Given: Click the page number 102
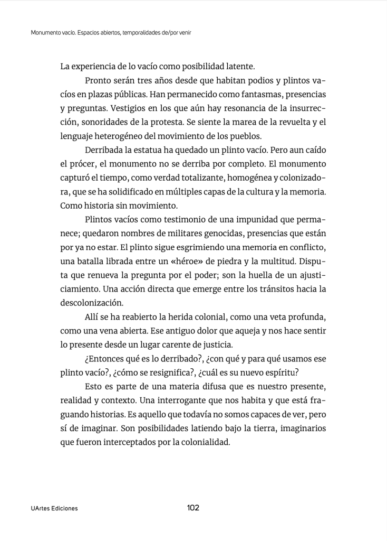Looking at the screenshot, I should [193, 508].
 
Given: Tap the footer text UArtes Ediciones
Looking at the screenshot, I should [54, 508].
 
